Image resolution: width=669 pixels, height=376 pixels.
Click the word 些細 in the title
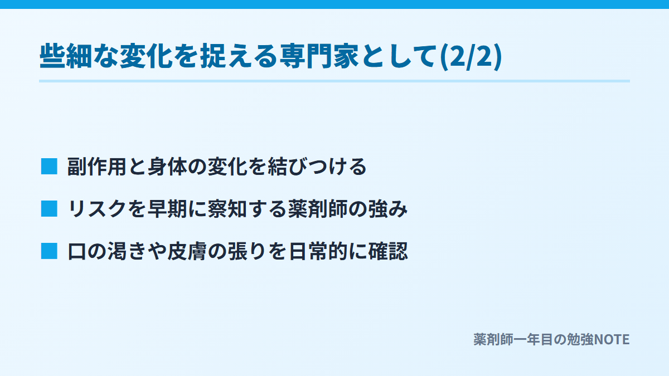pos(66,56)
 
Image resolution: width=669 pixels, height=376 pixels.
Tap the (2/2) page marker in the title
pos(471,56)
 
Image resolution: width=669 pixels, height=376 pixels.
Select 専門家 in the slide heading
pos(319,56)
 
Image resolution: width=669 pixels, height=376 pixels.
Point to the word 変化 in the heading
pos(146,56)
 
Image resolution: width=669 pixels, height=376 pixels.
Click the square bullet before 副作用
pos(49,166)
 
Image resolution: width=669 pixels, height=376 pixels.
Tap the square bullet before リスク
pos(49,208)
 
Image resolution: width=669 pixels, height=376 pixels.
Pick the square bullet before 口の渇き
pos(49,251)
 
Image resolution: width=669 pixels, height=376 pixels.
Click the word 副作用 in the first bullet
pos(97,167)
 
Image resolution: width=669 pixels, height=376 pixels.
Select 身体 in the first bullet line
pos(167,167)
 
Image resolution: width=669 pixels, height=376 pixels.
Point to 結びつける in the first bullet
pos(317,167)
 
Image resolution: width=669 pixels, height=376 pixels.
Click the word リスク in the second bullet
pos(97,209)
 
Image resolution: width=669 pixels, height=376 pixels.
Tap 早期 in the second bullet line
pos(167,209)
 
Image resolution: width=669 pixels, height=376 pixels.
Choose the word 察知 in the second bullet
pos(227,209)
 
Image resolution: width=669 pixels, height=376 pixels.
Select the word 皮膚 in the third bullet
pos(187,251)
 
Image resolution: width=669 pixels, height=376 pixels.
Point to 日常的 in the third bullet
pos(318,251)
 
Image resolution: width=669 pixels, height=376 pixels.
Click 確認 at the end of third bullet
pos(388,251)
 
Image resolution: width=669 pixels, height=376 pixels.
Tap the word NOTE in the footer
pos(612,340)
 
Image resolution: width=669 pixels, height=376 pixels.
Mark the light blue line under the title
pos(334,81)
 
